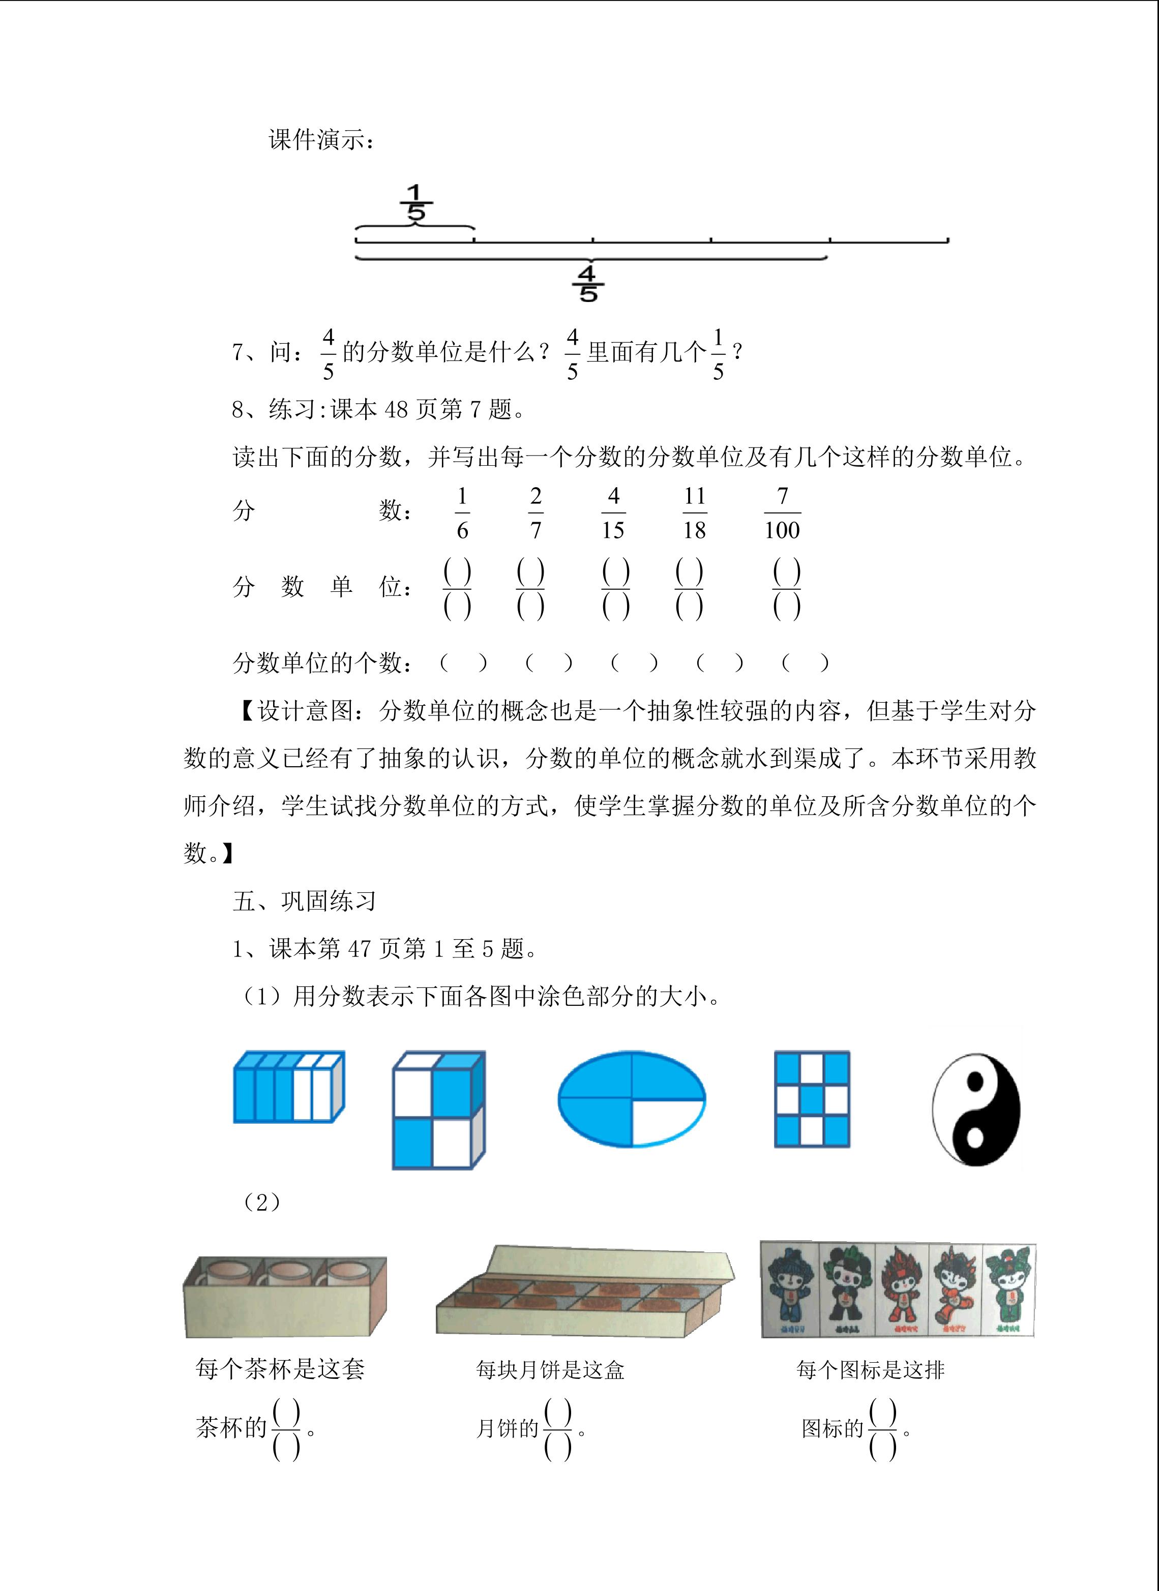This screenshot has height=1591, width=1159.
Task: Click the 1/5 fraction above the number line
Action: point(417,203)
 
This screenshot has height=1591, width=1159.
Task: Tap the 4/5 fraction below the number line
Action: point(588,283)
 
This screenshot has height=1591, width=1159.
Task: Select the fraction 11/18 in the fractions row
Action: point(695,514)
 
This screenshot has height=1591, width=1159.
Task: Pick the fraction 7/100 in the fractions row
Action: point(782,514)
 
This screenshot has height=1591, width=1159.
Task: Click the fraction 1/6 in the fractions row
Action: point(462,514)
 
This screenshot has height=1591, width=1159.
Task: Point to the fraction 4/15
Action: point(613,514)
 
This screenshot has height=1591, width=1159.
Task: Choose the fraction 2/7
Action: point(536,514)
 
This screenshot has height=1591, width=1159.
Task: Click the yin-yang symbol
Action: point(976,1109)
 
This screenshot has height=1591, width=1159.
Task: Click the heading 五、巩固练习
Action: point(305,900)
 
